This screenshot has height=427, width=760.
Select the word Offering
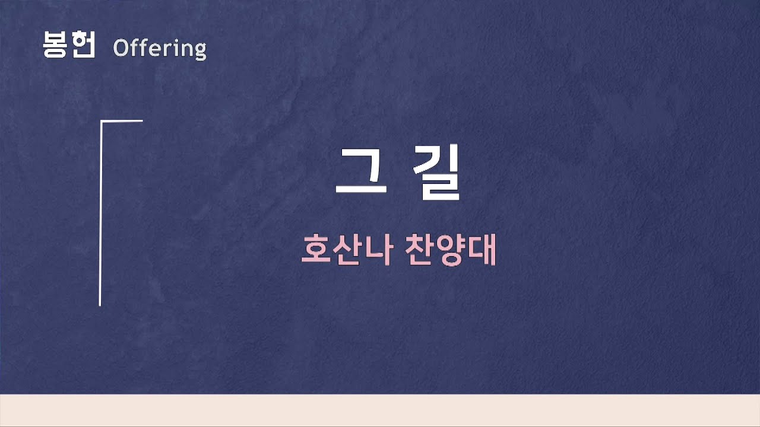pos(159,49)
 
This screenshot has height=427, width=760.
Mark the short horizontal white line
pos(122,121)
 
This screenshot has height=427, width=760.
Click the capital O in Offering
pos(121,48)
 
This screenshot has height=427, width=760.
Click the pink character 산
pos(347,250)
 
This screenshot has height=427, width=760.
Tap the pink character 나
pos(378,250)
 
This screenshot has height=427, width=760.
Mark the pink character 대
pos(482,250)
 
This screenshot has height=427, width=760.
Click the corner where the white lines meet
pos(101,121)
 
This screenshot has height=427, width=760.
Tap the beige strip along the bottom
pos(380,410)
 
